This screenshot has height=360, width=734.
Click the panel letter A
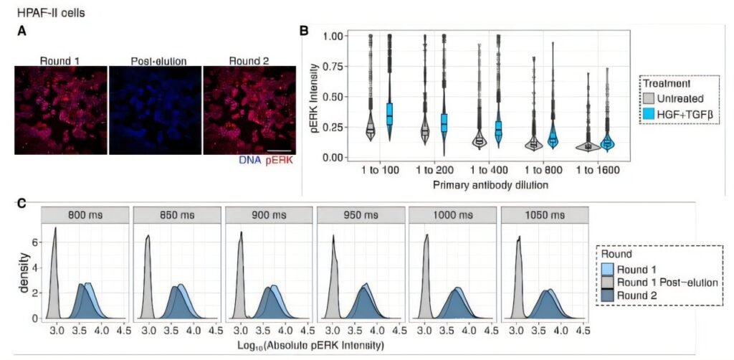tap(23, 31)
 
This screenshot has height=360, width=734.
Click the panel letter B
tap(304, 31)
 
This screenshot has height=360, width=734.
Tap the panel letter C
tap(22, 203)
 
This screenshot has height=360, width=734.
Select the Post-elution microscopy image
tap(155, 110)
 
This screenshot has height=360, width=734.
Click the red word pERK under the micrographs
tap(280, 160)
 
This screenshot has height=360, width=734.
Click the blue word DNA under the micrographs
tap(250, 160)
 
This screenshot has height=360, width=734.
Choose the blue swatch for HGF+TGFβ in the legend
tap(649, 113)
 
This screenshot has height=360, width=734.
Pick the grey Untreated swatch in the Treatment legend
tap(649, 98)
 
